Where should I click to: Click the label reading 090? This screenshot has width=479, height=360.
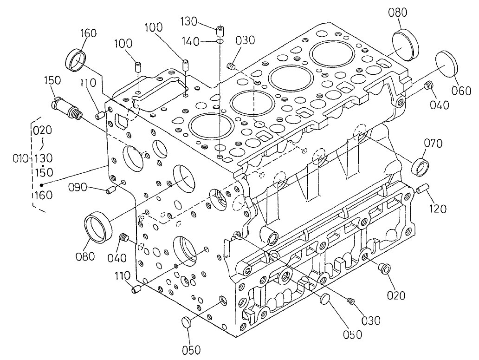78,188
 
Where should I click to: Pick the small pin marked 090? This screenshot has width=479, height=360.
110,190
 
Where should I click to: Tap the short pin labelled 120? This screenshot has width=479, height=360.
421,189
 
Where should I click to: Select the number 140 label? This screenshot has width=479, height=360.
192,42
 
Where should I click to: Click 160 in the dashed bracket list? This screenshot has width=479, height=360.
43,195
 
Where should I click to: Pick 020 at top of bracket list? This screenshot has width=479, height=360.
43,130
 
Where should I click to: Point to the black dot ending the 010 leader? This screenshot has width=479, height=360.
41,184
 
